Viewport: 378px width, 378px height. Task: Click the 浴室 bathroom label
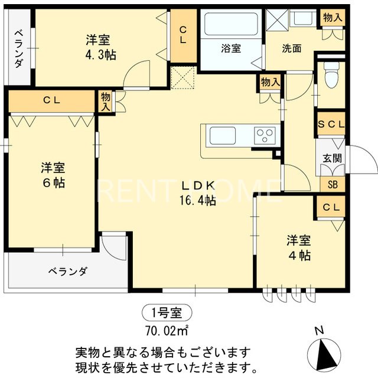pos(231,49)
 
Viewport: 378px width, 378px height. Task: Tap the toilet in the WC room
pos(331,76)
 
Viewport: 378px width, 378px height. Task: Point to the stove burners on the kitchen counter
pos(264,135)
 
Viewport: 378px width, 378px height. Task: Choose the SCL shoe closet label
pos(331,125)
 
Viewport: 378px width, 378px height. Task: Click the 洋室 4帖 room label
pos(299,247)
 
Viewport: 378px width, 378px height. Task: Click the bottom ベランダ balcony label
pos(68,272)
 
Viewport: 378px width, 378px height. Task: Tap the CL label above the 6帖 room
pos(51,100)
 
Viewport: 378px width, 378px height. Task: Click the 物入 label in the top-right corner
pos(332,18)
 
